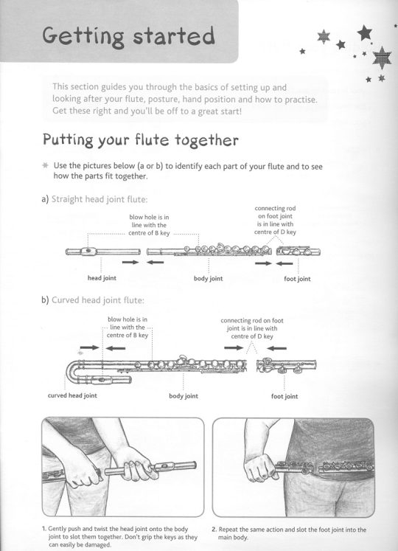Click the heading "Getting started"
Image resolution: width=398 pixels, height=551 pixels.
pyautogui.click(x=128, y=36)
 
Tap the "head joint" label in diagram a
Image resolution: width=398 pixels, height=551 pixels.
pyautogui.click(x=99, y=279)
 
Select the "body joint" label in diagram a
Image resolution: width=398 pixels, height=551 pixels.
pyautogui.click(x=208, y=279)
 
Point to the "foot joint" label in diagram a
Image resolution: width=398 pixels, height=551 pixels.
pyautogui.click(x=297, y=279)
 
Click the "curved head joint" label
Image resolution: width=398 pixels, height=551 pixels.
pyautogui.click(x=72, y=395)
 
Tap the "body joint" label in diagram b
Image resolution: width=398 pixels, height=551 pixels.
pyautogui.click(x=184, y=396)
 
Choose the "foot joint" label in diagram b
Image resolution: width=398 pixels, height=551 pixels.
pyautogui.click(x=284, y=396)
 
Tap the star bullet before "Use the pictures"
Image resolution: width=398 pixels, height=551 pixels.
pyautogui.click(x=46, y=166)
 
